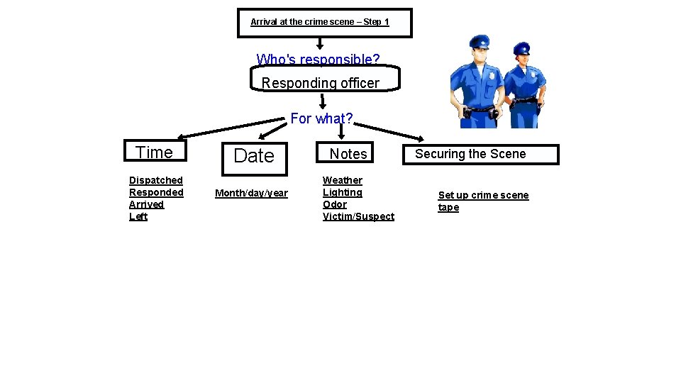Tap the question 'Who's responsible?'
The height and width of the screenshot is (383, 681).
click(x=318, y=59)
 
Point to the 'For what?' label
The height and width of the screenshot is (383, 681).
click(x=321, y=118)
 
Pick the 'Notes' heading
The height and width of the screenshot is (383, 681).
click(x=348, y=154)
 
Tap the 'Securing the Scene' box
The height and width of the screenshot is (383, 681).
click(x=470, y=154)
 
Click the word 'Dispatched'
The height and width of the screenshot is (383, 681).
click(x=156, y=180)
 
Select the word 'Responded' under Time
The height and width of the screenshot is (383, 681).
click(x=156, y=192)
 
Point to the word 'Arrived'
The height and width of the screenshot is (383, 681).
click(x=146, y=204)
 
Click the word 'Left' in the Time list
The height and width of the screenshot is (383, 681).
click(x=138, y=216)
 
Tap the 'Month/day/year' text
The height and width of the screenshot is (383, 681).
click(x=251, y=193)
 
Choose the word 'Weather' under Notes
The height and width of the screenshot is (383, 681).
click(x=343, y=180)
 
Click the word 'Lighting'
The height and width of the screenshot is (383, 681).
click(x=343, y=192)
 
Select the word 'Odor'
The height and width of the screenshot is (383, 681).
click(x=335, y=204)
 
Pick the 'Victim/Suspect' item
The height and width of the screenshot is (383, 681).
click(x=358, y=216)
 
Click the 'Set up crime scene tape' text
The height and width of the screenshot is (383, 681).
click(x=482, y=201)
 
